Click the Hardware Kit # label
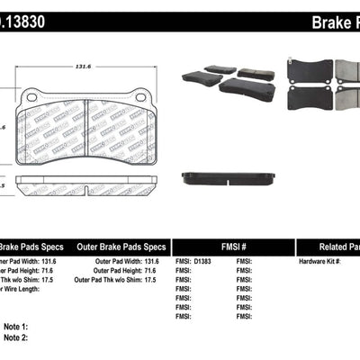319,260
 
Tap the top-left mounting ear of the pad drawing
30,94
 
